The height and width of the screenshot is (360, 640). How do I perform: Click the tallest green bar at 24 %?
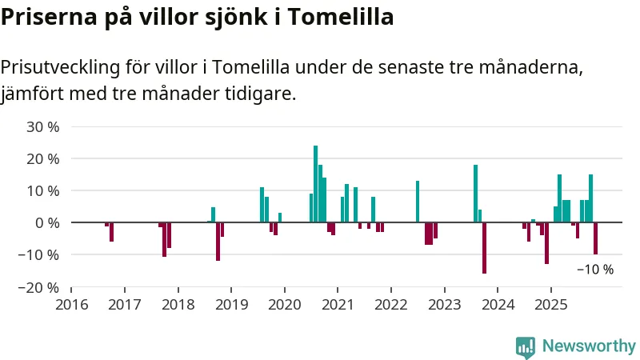tap(315, 184)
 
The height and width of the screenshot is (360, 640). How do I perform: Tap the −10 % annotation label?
tap(595, 270)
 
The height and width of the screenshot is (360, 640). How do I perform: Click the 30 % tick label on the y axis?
tap(43, 126)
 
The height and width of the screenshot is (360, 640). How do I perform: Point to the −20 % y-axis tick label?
tap(40, 287)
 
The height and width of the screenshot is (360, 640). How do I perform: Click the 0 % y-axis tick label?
tap(46, 222)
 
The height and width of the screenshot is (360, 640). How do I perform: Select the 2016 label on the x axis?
tap(71, 305)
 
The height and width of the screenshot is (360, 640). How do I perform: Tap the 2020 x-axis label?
tap(284, 305)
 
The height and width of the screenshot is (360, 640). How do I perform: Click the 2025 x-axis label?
tap(550, 305)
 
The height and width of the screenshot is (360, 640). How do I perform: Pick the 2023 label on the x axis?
tap(444, 305)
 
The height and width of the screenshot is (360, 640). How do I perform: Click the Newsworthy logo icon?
tap(526, 346)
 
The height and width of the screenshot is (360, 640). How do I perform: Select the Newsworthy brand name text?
tap(589, 346)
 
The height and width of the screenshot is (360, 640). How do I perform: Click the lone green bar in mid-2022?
tap(418, 202)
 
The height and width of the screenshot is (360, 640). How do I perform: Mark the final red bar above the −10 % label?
tap(595, 238)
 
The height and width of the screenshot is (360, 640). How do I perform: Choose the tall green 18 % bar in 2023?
tap(475, 194)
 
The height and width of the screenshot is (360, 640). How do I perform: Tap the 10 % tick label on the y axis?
tap(43, 190)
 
